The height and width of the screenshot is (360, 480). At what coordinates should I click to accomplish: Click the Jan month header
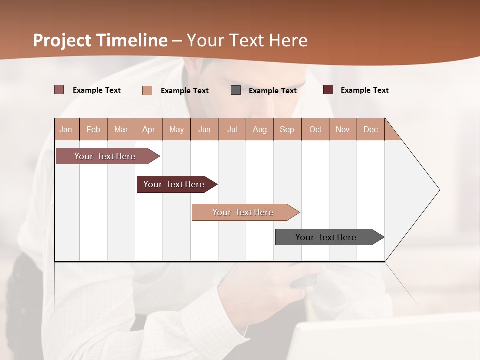[x=66, y=129]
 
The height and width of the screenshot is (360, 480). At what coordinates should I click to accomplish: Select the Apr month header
[x=149, y=129]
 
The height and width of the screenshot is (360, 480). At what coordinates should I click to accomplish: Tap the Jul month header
[x=232, y=129]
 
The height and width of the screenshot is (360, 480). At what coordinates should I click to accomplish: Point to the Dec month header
[x=370, y=129]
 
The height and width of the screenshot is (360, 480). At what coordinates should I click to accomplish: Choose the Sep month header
[x=287, y=129]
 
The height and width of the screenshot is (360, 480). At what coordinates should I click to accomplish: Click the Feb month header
[x=93, y=129]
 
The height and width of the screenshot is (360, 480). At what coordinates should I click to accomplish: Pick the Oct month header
[x=315, y=129]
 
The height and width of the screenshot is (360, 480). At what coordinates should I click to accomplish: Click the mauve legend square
[x=59, y=90]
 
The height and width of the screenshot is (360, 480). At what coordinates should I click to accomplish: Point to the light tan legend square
[x=147, y=90]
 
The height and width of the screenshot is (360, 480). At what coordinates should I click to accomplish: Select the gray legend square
[x=236, y=90]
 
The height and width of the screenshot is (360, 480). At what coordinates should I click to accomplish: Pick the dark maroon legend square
[x=328, y=90]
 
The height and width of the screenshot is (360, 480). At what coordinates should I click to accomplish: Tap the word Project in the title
[x=62, y=40]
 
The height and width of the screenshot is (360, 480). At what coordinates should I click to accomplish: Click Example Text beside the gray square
[x=273, y=91]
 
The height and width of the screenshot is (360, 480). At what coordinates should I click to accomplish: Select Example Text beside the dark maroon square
[x=365, y=90]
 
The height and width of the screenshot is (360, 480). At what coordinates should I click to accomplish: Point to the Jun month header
[x=204, y=129]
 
